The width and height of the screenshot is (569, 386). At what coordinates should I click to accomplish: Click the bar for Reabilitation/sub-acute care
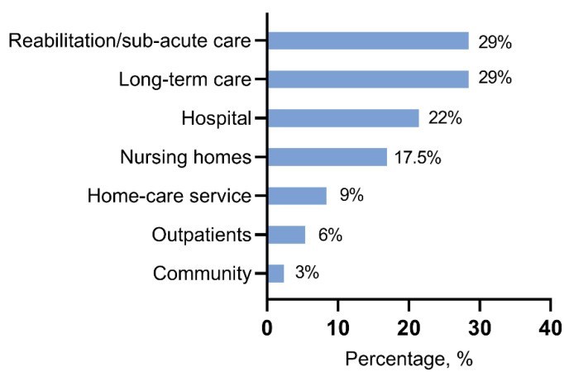coord(368,41)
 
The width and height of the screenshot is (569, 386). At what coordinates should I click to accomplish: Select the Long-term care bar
coord(368,79)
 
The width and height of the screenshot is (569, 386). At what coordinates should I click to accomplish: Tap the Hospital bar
coord(343,118)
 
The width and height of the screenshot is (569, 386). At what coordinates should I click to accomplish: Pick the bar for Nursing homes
coord(327,157)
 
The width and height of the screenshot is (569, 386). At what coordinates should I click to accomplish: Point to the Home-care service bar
coord(297,196)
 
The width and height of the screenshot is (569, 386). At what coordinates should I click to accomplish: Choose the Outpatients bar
coord(286,235)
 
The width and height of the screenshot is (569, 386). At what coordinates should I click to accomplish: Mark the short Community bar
coord(275,274)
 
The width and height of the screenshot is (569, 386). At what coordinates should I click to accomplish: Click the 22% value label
coord(445,118)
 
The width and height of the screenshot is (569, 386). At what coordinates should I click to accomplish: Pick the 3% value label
coord(308,274)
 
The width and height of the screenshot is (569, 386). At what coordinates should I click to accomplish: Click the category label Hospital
coord(217,119)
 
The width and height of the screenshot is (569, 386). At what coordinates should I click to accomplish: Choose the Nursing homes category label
coord(185,158)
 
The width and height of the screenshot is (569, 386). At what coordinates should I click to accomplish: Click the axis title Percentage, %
coord(408,361)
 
